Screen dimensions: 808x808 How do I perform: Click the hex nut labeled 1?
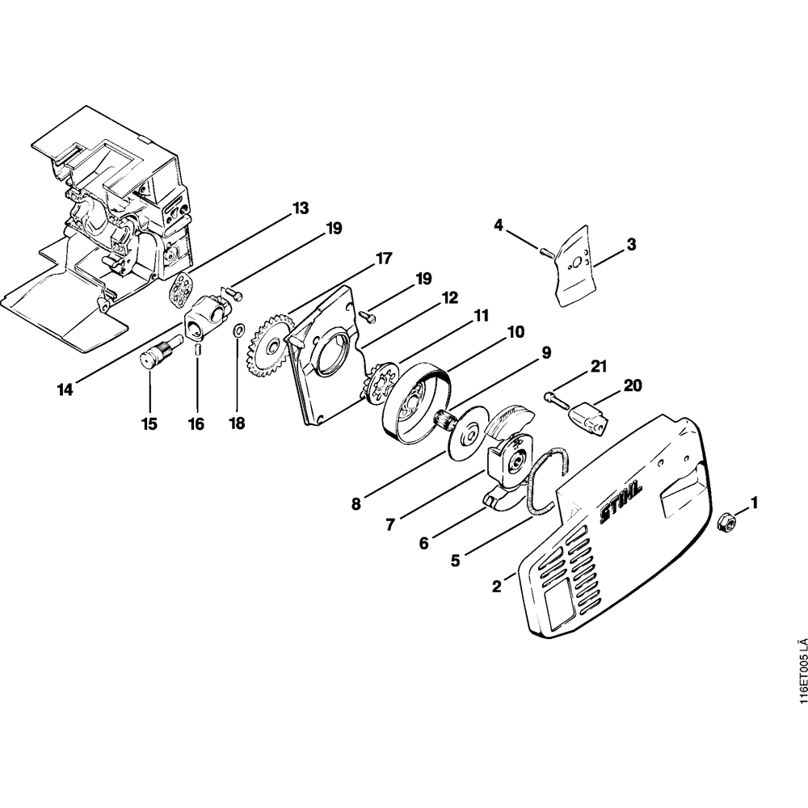pyautogui.click(x=726, y=521)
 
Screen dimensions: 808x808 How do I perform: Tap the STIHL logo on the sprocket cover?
pyautogui.click(x=621, y=499)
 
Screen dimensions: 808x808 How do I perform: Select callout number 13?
pyautogui.click(x=300, y=208)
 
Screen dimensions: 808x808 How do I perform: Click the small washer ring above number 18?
pyautogui.click(x=238, y=331)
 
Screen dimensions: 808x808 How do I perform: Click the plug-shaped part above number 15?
pyautogui.click(x=151, y=354)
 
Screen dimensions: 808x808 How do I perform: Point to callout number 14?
pyautogui.click(x=65, y=389)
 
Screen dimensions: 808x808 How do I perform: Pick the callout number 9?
pyautogui.click(x=545, y=352)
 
